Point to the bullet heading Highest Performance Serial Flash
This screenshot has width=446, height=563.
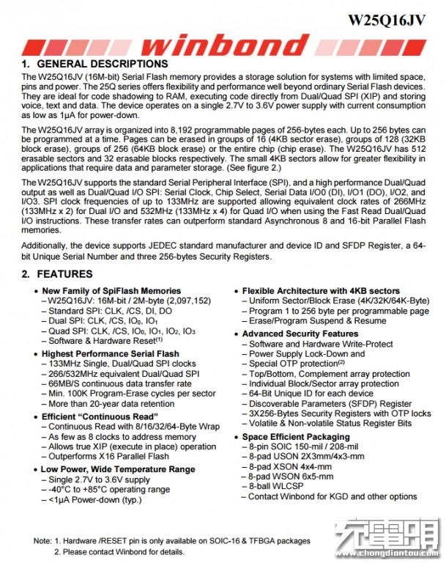coord(110,353)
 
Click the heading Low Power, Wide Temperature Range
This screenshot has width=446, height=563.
coord(117,468)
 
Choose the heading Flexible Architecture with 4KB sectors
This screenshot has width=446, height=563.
coord(321,290)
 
